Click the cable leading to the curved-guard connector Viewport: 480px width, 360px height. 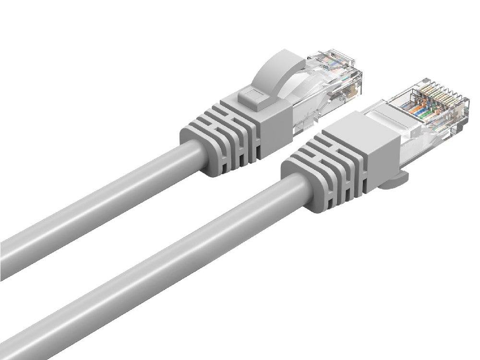pos(96,206)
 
